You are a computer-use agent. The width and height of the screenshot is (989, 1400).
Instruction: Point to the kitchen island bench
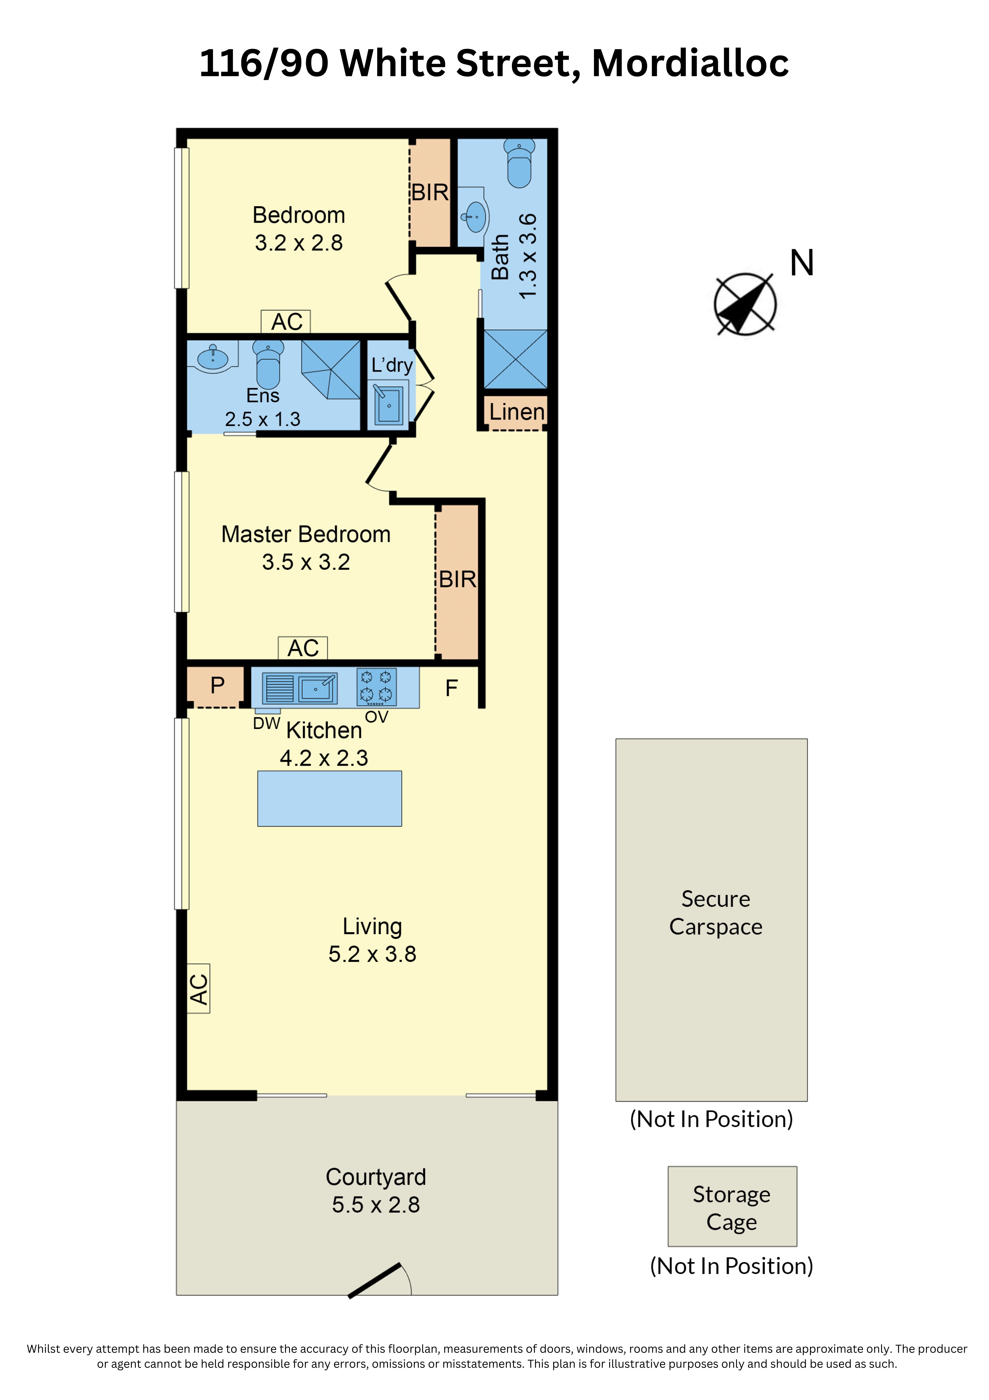point(330,798)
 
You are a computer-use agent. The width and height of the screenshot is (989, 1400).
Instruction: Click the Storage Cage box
point(732,1206)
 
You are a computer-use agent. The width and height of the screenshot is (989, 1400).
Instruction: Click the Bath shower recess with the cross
point(515,359)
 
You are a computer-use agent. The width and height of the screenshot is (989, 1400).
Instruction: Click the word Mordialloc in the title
point(690,63)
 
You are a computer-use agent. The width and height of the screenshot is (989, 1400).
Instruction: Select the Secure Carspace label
point(716,913)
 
